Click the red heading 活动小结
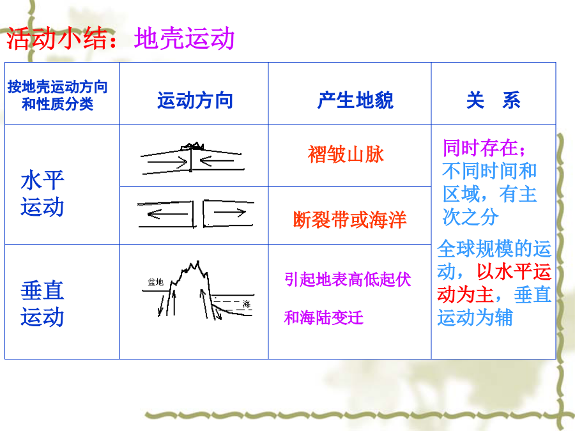point(57,38)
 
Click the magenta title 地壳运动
point(184,38)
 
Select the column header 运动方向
point(195,100)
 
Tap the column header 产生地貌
point(355,100)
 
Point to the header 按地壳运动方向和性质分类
point(57,95)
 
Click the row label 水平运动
point(42,193)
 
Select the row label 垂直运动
point(42,303)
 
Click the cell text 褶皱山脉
point(346,155)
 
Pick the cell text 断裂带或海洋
point(350,220)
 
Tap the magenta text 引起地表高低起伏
point(348,280)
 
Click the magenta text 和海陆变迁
point(323,317)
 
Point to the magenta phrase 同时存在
point(480,147)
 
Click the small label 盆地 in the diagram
point(155,282)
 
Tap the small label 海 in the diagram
point(247,304)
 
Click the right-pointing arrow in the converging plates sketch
point(167,162)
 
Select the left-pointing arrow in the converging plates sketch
point(217,160)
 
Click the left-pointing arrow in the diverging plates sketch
point(167,214)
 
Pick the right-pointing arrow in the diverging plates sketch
point(229,212)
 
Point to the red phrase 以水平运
point(514,271)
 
